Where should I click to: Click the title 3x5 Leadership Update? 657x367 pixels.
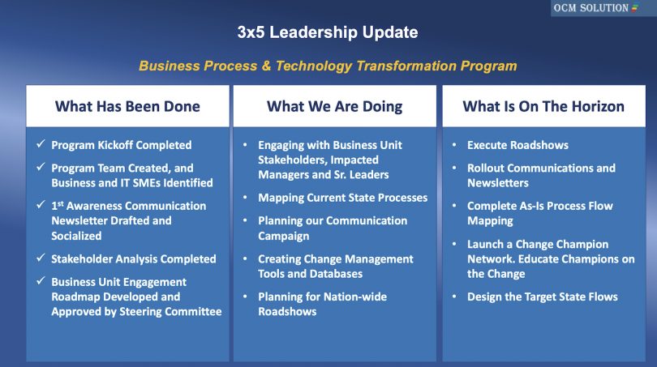[x=328, y=32]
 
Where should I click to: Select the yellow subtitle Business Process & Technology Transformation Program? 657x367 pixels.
[x=328, y=66]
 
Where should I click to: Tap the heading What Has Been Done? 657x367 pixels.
[x=127, y=106]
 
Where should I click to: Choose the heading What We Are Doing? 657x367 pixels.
[x=334, y=106]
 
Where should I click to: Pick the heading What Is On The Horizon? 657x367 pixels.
[x=543, y=106]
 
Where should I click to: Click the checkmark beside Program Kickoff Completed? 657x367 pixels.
[x=40, y=145]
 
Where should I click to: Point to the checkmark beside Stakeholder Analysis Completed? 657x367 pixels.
[x=40, y=259]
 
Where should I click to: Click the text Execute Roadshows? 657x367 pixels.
[x=517, y=145]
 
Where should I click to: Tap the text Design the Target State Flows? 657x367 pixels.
[x=542, y=297]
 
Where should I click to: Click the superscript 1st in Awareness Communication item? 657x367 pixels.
[x=57, y=205]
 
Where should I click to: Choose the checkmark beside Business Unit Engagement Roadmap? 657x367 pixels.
[x=40, y=282]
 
